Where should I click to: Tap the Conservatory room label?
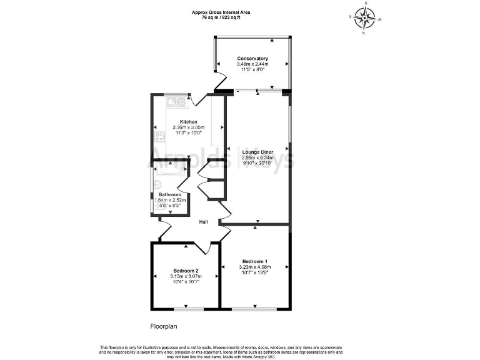(x=252, y=59)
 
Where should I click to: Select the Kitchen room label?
(x=189, y=122)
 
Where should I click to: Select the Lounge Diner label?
(x=258, y=152)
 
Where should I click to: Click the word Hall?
(x=204, y=222)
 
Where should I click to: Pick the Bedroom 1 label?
(x=255, y=261)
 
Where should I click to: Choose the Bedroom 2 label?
(x=186, y=270)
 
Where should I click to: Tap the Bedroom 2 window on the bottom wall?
(x=189, y=309)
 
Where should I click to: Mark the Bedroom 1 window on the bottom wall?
(x=254, y=309)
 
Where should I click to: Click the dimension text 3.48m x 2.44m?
(x=252, y=64)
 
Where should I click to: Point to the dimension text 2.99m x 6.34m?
(x=258, y=157)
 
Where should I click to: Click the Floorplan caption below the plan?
(x=165, y=326)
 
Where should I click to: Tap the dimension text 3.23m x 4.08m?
(x=255, y=267)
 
